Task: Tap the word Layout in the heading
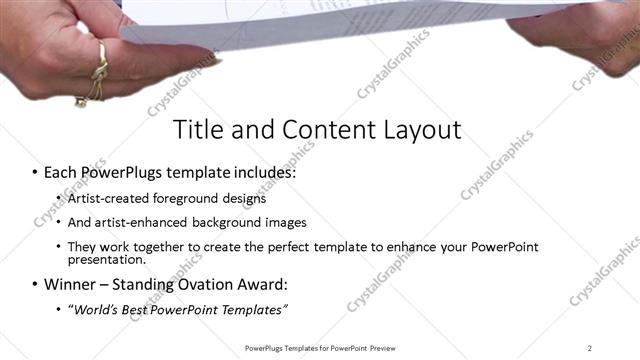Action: [x=418, y=131]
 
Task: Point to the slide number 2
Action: [x=589, y=348]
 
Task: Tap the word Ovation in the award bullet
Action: [x=205, y=284]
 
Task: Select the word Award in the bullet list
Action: [x=264, y=284]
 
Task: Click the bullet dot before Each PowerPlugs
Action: [x=34, y=173]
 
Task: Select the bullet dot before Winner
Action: [x=34, y=285]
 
